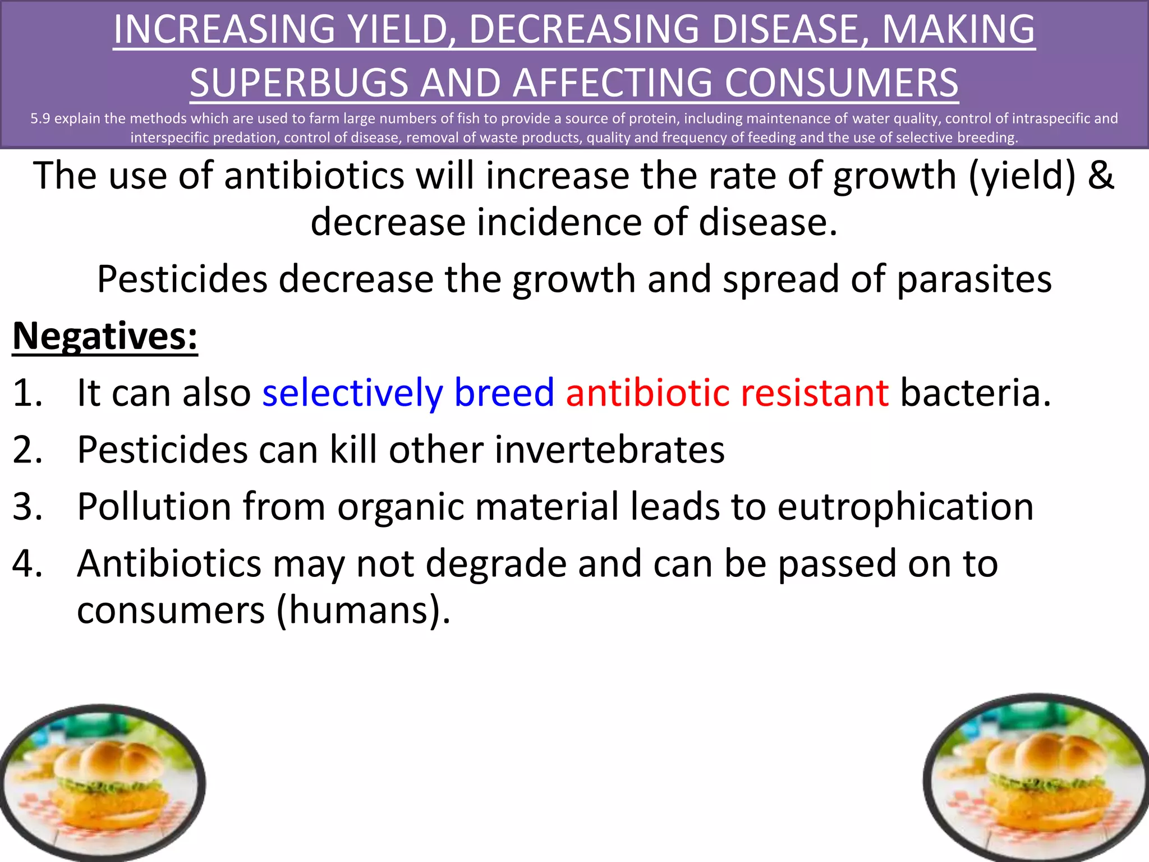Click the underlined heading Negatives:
[105, 336]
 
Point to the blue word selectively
[352, 393]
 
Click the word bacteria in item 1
[975, 393]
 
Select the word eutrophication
[905, 507]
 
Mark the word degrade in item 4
[497, 563]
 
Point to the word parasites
[974, 279]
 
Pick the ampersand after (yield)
[1101, 176]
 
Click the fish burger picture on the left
[102, 783]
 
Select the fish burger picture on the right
[1036, 777]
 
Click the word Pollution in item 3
[154, 507]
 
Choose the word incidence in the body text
[559, 222]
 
